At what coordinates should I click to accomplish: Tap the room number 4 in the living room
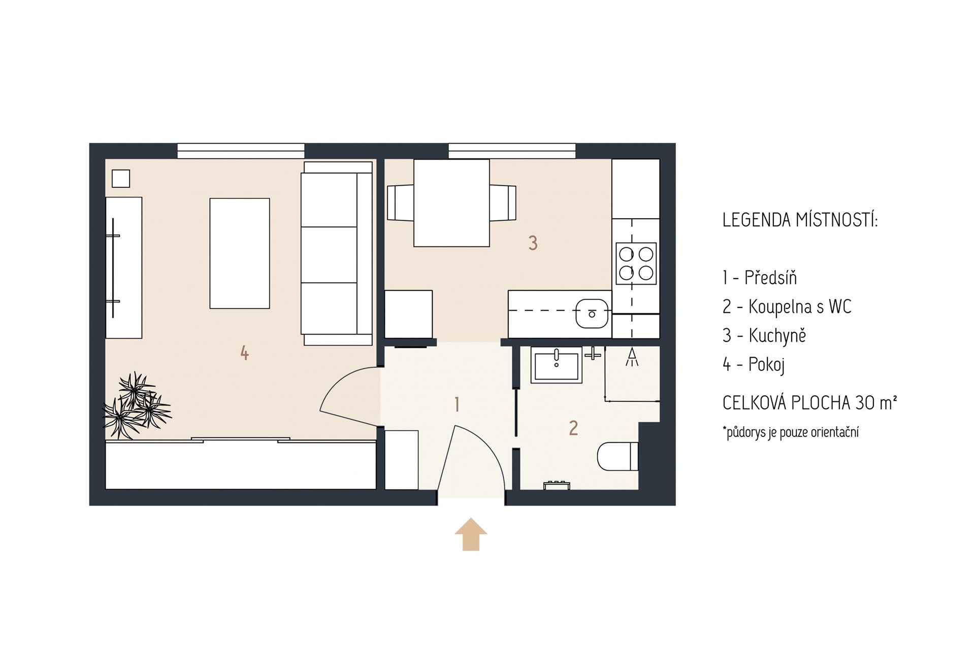click(244, 353)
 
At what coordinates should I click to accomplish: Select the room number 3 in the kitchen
click(533, 243)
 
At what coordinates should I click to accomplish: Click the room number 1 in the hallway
click(457, 404)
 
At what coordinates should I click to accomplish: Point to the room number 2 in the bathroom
click(573, 428)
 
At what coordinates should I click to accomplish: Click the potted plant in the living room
click(136, 405)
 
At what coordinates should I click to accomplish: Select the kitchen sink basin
click(592, 314)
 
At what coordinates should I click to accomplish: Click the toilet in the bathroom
click(617, 456)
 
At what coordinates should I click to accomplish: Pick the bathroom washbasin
click(556, 364)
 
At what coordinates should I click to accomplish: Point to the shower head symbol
click(632, 357)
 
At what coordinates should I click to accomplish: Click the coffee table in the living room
click(240, 253)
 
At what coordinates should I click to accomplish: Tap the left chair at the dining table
click(401, 203)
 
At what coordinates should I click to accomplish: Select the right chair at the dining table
click(503, 203)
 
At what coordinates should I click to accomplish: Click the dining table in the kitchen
click(451, 203)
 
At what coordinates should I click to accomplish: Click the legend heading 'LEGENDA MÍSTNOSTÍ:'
click(800, 220)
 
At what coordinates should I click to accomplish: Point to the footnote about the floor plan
click(791, 432)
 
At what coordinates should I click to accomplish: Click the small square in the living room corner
click(121, 179)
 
